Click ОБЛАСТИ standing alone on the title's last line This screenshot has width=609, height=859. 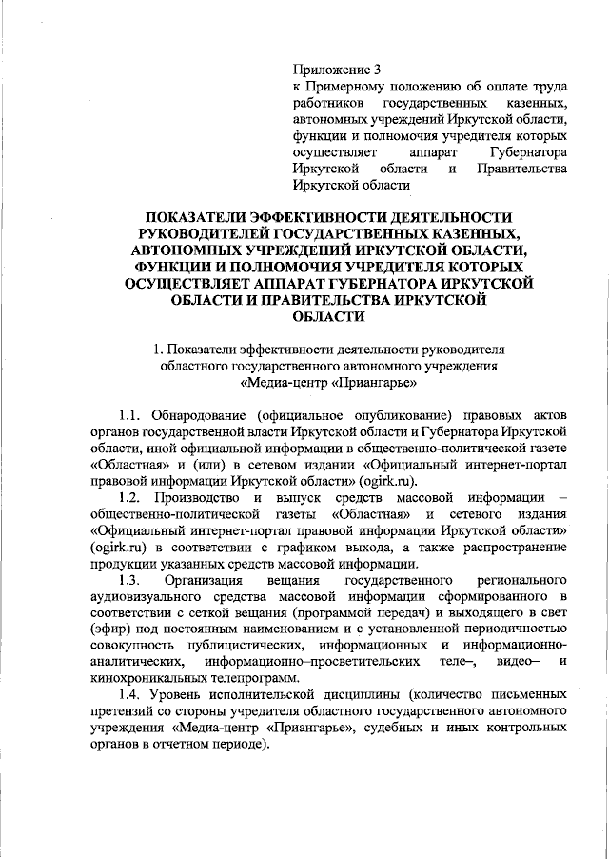coord(328,316)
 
